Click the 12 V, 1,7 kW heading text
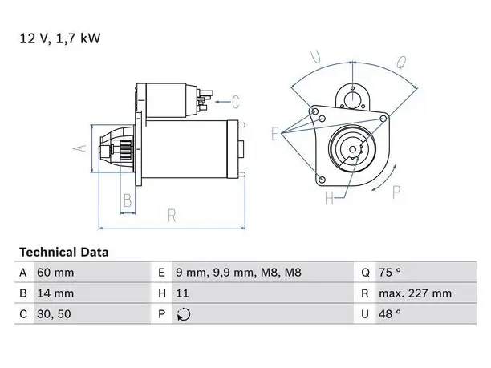[60, 38]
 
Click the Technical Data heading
[64, 252]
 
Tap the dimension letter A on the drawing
[80, 148]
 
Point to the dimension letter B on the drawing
[128, 200]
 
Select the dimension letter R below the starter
[172, 216]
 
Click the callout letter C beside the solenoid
[235, 102]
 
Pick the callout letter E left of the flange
[275, 134]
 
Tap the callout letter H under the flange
[330, 198]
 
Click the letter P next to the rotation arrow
[396, 192]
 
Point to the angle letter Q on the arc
[401, 62]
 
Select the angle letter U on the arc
[315, 57]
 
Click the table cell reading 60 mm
[55, 273]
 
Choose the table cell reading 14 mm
[55, 293]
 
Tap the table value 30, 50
[54, 314]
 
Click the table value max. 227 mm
[416, 293]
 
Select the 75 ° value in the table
[390, 273]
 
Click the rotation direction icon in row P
[184, 314]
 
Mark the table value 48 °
[390, 314]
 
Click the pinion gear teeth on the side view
[126, 150]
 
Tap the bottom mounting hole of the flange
[322, 180]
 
